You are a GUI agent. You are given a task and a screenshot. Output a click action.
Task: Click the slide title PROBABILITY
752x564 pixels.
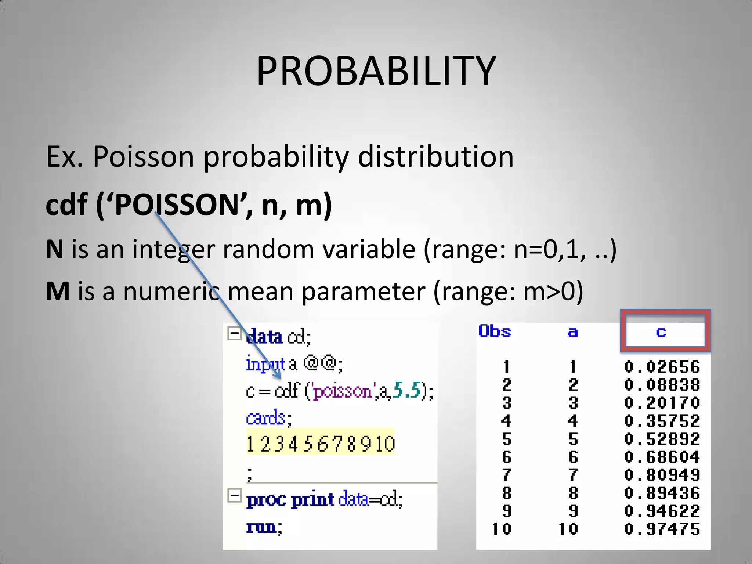click(376, 70)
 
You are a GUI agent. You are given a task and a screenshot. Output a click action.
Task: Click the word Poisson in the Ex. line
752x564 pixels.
click(143, 157)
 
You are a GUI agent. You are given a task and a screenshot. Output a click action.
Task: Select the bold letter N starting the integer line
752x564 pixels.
click(54, 249)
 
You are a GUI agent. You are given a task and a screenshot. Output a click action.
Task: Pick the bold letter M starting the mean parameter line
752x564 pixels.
click(58, 291)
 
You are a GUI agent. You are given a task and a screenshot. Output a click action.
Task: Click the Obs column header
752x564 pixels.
click(495, 331)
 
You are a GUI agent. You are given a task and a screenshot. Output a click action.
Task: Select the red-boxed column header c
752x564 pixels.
click(661, 332)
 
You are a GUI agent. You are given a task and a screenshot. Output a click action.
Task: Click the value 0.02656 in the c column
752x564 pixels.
click(662, 367)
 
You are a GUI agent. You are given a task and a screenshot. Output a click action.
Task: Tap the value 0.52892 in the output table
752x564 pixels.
click(662, 439)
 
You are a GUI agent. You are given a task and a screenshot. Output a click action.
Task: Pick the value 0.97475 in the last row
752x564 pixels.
click(662, 529)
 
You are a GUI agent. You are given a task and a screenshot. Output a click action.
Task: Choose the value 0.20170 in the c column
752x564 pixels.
click(662, 403)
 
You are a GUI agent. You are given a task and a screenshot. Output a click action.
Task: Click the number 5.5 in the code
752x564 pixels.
click(406, 390)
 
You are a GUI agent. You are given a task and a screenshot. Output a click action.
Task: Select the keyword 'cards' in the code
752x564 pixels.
click(265, 418)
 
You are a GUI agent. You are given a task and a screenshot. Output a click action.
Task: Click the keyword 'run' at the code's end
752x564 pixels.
click(261, 527)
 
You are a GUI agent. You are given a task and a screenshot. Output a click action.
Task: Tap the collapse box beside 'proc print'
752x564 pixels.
click(234, 495)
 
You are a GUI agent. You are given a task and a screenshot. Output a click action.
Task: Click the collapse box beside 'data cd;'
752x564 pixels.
click(234, 333)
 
